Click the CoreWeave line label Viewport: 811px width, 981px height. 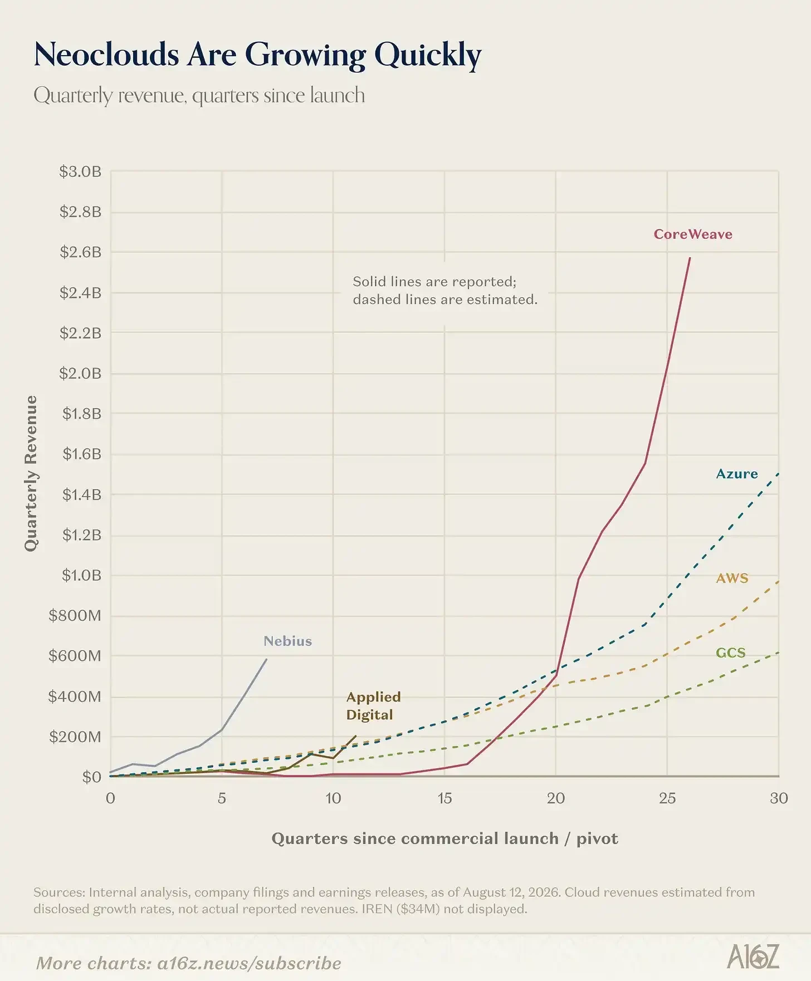[693, 234]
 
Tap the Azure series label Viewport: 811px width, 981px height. [737, 474]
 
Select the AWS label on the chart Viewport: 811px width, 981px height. [732, 578]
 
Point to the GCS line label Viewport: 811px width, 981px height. [730, 653]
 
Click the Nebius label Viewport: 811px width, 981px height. [287, 641]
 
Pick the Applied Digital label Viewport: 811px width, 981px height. [373, 705]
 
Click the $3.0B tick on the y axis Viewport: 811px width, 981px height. [81, 171]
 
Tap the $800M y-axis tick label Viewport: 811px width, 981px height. [75, 615]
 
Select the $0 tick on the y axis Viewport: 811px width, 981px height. [92, 777]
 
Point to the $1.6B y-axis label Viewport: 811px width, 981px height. [82, 454]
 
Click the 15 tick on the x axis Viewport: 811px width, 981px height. [444, 798]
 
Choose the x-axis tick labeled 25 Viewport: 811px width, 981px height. [667, 798]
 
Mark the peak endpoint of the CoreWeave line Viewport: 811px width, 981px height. [690, 258]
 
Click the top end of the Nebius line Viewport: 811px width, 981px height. [266, 659]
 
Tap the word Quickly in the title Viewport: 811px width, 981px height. [428, 56]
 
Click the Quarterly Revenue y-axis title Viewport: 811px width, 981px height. [31, 473]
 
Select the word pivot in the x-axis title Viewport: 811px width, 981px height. [597, 839]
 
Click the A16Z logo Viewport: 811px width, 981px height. [753, 957]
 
